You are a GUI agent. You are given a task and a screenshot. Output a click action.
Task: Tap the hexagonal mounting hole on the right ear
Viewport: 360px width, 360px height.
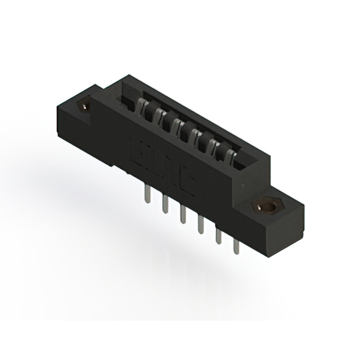267,206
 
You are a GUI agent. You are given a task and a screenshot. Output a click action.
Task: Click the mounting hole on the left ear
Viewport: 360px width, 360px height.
86,105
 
